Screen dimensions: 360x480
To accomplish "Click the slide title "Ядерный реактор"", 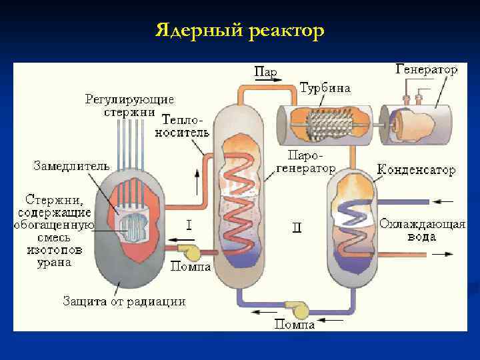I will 240,31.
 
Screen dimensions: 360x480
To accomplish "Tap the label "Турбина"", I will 325,88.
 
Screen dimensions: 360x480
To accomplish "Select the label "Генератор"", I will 426,69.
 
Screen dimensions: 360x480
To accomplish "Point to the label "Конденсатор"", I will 417,169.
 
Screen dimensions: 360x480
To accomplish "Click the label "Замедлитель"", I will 71,166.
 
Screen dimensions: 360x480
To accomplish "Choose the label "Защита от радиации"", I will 124,301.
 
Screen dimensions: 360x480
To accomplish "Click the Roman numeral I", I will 188,225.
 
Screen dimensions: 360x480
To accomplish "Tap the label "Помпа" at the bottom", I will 295,325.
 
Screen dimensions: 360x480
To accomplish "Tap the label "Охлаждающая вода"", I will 422,230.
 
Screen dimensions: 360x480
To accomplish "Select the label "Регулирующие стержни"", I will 129,105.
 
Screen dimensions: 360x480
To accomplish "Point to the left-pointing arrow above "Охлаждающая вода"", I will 443,201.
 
